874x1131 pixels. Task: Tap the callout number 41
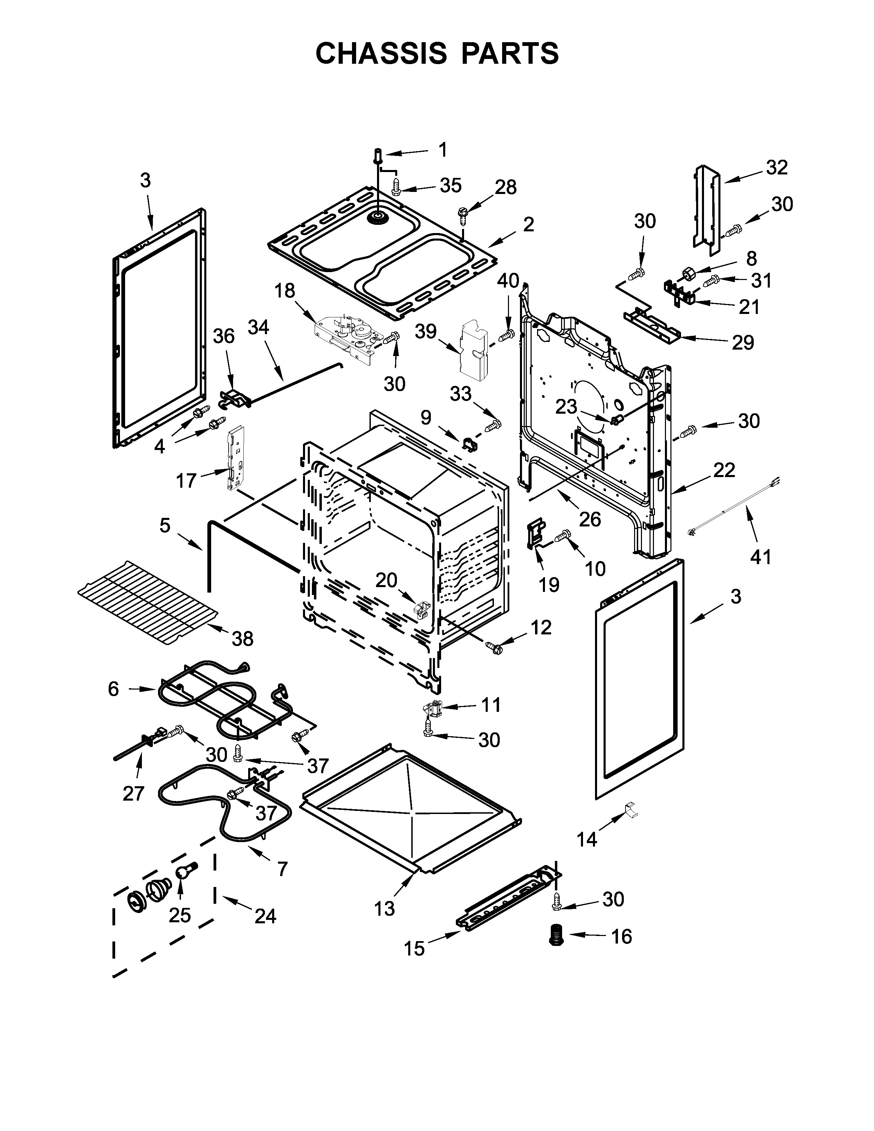[x=761, y=557]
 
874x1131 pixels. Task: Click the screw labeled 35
[x=397, y=187]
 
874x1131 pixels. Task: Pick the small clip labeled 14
[x=631, y=809]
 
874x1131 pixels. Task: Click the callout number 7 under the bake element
[x=282, y=868]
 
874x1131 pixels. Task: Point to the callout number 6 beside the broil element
[x=113, y=689]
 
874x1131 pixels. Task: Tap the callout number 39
[x=426, y=331]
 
